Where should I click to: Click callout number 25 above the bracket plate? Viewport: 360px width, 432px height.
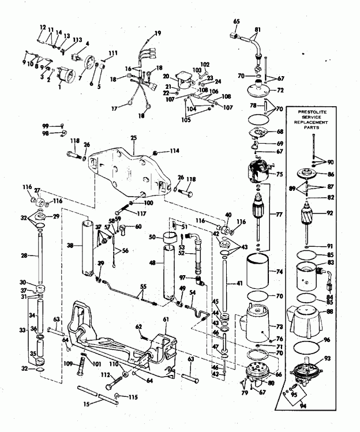point(133,138)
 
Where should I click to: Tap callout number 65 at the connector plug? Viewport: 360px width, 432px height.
point(236,21)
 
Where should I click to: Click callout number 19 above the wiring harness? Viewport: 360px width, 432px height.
point(157,33)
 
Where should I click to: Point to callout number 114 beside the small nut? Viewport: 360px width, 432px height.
point(175,151)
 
